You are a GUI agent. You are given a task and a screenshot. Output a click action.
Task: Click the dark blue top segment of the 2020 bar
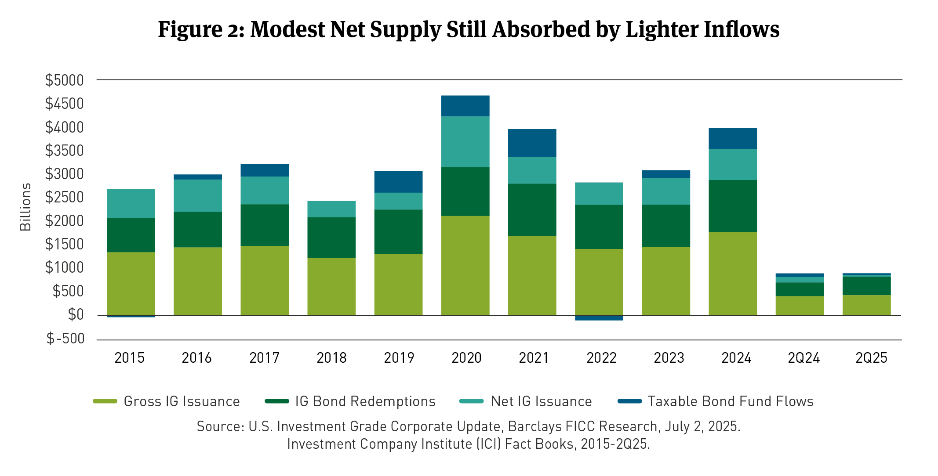click(x=465, y=106)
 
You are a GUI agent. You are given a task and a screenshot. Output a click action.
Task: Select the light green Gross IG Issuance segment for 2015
click(x=131, y=283)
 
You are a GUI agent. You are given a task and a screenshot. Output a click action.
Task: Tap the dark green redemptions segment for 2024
click(x=732, y=206)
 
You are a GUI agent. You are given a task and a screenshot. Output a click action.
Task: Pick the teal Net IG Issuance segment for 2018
click(x=331, y=209)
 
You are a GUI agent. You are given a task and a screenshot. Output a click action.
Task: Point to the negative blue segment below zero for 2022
click(x=599, y=318)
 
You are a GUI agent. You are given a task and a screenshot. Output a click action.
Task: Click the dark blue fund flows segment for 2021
click(x=532, y=143)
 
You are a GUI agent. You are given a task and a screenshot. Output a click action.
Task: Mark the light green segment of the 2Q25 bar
click(x=866, y=305)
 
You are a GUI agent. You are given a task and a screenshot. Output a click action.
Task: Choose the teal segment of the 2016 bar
click(x=197, y=195)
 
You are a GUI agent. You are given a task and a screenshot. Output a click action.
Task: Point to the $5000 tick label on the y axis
click(x=65, y=80)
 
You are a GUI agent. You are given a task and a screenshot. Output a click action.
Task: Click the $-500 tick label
click(x=65, y=339)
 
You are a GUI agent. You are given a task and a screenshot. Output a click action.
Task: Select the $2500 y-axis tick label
click(x=65, y=198)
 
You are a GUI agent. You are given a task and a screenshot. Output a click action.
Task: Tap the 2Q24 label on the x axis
click(x=803, y=358)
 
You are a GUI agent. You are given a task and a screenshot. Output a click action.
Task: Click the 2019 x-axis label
click(x=399, y=358)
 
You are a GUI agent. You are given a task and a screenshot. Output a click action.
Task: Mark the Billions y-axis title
click(x=25, y=207)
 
